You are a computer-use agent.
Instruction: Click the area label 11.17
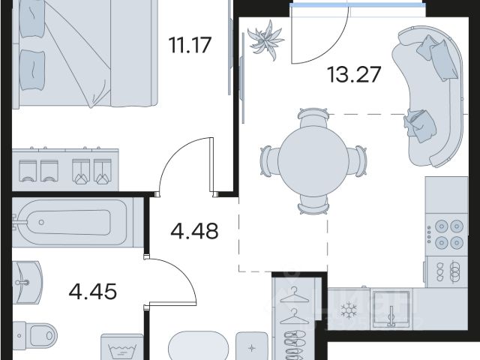click(x=190, y=45)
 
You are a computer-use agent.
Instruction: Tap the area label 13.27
click(x=354, y=74)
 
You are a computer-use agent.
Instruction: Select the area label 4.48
click(x=194, y=231)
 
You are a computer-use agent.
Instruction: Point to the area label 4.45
click(x=93, y=291)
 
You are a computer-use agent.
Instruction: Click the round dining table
click(x=313, y=161)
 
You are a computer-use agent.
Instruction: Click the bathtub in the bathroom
click(x=73, y=222)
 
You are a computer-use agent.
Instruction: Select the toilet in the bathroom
click(x=35, y=336)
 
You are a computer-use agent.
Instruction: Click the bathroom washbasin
click(x=26, y=282)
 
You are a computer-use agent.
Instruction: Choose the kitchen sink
click(x=391, y=309)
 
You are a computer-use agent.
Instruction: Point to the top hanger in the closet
click(x=294, y=295)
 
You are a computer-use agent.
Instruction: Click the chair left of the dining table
click(x=269, y=160)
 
